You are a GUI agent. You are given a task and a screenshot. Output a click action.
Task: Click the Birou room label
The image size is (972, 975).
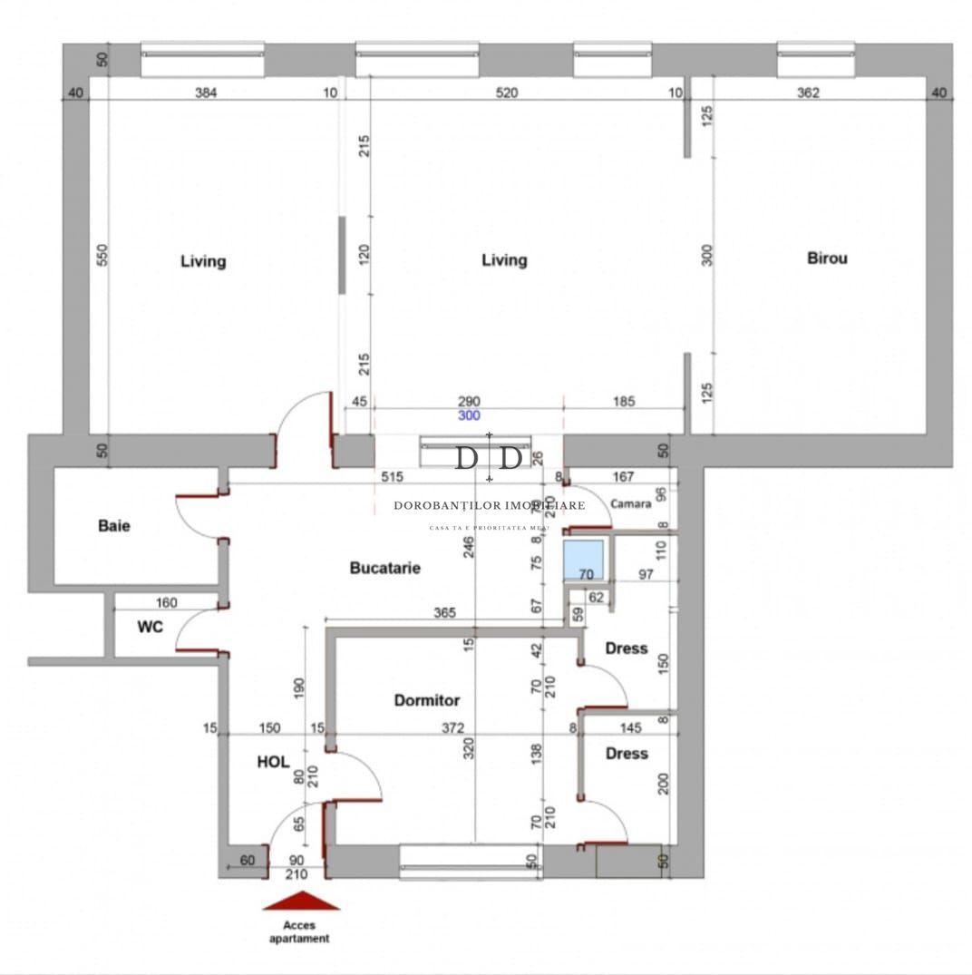point(827,258)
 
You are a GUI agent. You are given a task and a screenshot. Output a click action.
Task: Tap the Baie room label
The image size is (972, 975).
point(113,525)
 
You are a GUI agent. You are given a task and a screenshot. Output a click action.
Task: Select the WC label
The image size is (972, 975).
point(150,627)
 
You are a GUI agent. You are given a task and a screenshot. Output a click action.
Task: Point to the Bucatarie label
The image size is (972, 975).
point(385,569)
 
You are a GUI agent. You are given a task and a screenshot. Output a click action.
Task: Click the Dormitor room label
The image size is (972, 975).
point(426,700)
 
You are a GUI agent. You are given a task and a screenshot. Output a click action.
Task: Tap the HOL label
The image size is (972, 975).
point(273,763)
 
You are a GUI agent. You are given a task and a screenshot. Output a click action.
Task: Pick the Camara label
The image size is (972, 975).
point(630,503)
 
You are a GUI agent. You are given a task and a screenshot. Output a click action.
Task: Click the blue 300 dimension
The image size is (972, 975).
point(468,416)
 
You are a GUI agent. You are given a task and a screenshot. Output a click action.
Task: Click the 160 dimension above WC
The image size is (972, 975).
point(166,601)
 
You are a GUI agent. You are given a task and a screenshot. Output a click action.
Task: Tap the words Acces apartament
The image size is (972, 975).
point(299,932)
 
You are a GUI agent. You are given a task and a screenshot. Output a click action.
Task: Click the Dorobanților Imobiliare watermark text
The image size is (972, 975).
point(490,505)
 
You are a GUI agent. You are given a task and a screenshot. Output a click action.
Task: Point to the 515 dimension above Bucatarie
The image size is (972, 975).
point(391,475)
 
